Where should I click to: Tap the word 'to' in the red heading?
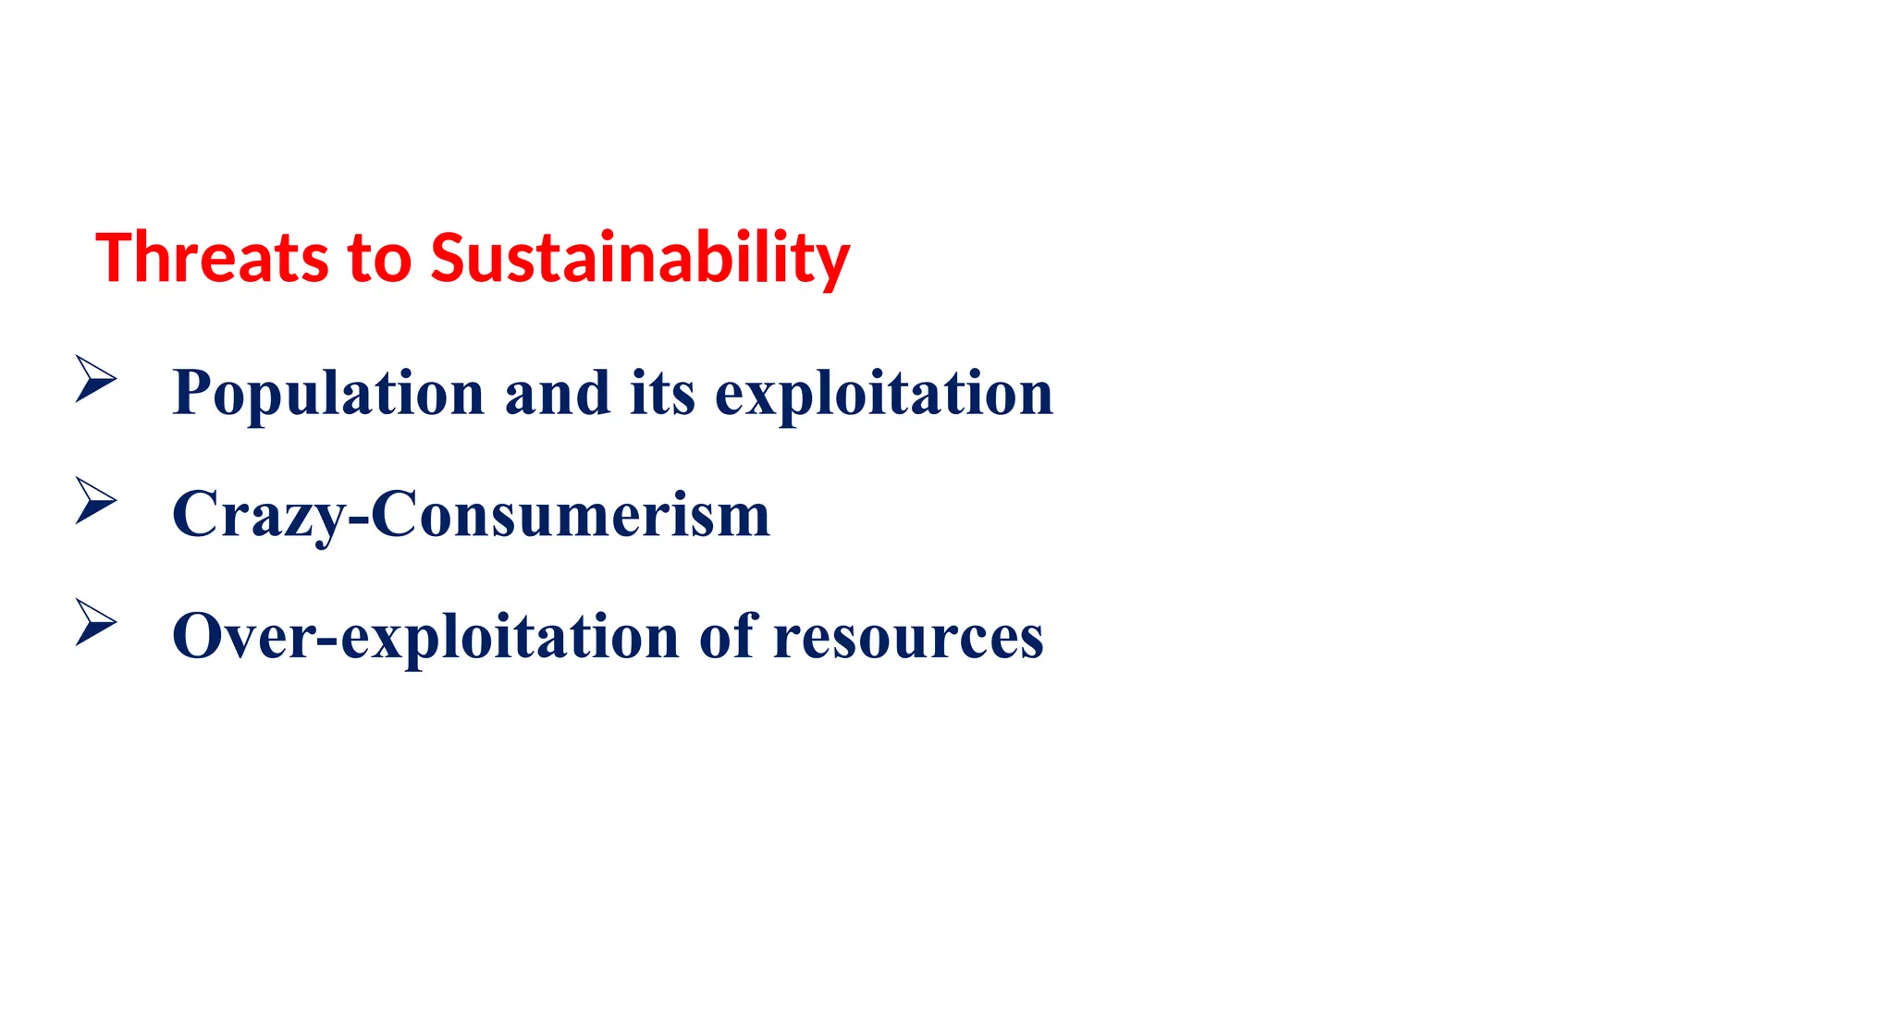(379, 259)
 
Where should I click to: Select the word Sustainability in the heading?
(639, 259)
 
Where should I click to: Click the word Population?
(328, 393)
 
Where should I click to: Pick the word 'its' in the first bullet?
(662, 393)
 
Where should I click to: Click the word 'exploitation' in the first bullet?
(884, 393)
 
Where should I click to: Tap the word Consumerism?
(571, 515)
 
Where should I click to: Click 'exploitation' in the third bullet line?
(510, 636)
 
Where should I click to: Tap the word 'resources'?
(908, 636)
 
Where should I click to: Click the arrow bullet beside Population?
(95, 379)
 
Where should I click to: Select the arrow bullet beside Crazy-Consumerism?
(95, 501)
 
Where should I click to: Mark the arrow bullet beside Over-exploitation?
(95, 622)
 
